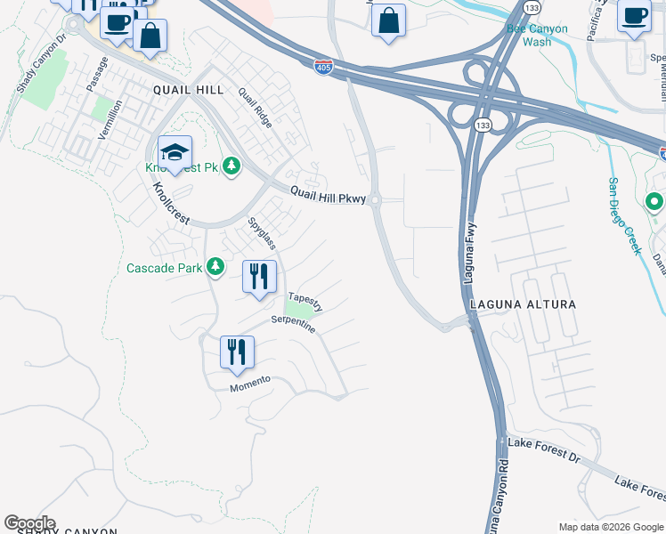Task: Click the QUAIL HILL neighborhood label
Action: pyautogui.click(x=188, y=90)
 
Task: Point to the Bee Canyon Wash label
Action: pyautogui.click(x=536, y=35)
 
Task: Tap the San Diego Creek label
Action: pyautogui.click(x=624, y=215)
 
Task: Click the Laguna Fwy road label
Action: pyautogui.click(x=470, y=255)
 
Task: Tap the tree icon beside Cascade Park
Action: pyautogui.click(x=215, y=266)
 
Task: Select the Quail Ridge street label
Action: pyautogui.click(x=257, y=108)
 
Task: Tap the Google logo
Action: pyautogui.click(x=29, y=523)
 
